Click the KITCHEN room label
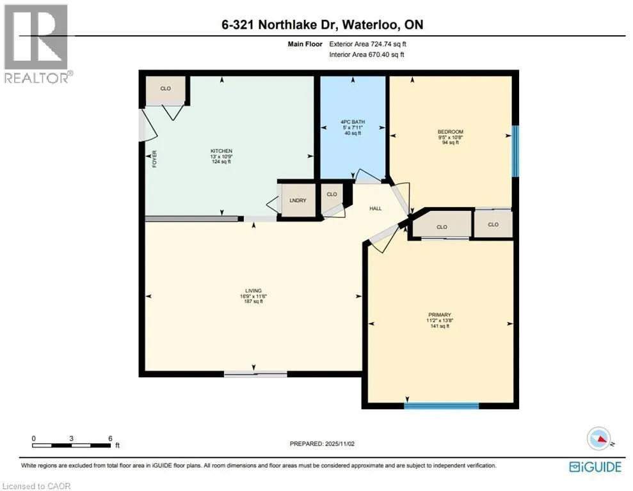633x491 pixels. (221, 151)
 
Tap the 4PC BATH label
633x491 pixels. (353, 121)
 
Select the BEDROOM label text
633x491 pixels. (451, 132)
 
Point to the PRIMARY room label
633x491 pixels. (440, 315)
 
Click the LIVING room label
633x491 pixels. (253, 291)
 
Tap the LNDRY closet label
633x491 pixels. (298, 200)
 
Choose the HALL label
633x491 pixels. (376, 208)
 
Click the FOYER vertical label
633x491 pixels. (154, 159)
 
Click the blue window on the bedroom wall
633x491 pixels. (515, 151)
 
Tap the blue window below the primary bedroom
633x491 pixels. (442, 405)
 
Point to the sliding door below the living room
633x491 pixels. (255, 374)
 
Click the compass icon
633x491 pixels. (599, 439)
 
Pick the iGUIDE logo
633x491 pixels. (595, 467)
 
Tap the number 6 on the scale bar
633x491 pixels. (110, 439)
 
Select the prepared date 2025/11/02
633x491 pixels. (339, 444)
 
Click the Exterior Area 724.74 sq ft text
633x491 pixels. (368, 44)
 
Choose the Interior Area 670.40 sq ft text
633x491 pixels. (367, 55)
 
